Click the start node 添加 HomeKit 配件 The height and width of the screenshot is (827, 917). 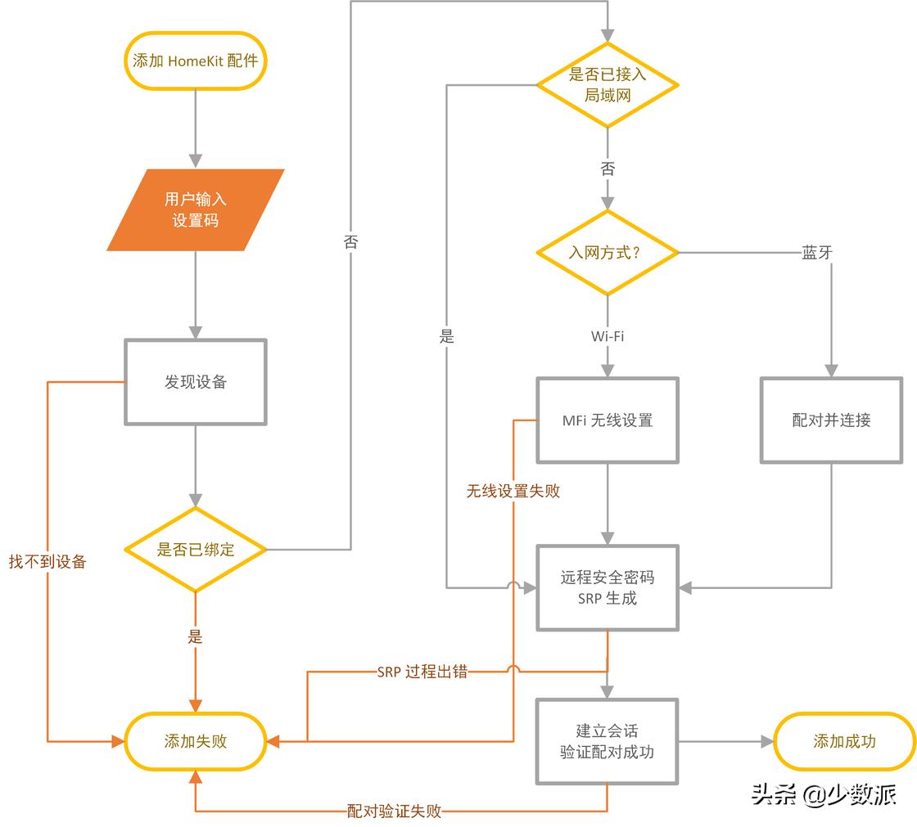click(x=195, y=61)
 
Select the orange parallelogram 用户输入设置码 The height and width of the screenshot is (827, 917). click(x=195, y=210)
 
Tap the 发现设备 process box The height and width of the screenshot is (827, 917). click(x=195, y=382)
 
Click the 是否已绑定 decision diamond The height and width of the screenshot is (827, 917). click(x=195, y=549)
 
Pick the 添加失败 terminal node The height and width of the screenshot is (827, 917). click(x=195, y=741)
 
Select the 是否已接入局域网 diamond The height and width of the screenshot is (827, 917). click(x=607, y=84)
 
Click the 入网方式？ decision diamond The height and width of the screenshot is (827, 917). click(x=607, y=253)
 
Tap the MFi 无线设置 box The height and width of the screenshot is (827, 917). click(x=607, y=420)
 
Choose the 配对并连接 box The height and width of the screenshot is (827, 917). click(x=831, y=420)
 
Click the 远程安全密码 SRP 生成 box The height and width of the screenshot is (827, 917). click(x=607, y=587)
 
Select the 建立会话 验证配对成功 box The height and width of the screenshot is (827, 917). click(x=607, y=741)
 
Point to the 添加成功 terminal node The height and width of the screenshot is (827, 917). click(x=844, y=741)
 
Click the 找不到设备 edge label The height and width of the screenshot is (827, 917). click(x=47, y=562)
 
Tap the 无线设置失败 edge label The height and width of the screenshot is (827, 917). click(x=513, y=491)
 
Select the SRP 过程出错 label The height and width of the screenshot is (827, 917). click(x=422, y=672)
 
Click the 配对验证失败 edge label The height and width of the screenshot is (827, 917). click(x=394, y=811)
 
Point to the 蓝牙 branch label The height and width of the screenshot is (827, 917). click(x=817, y=253)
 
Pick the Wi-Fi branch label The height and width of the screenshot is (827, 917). click(x=607, y=336)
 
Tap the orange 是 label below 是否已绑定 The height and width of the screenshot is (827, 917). click(x=195, y=636)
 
